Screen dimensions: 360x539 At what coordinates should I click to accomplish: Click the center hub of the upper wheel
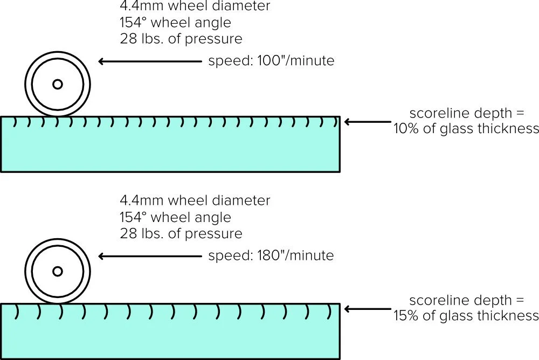coord(58,84)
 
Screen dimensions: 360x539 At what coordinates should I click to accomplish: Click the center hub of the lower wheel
coord(58,271)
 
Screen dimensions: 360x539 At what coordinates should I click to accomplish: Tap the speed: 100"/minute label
coord(271,61)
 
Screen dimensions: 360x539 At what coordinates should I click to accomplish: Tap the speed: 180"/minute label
coord(271,255)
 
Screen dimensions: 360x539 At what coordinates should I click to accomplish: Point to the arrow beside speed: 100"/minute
coord(149,61)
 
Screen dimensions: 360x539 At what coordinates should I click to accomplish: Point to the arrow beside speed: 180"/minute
coord(149,256)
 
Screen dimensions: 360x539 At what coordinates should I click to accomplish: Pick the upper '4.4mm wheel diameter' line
coord(195,6)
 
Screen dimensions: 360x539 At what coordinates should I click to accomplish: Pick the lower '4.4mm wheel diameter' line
coord(195,200)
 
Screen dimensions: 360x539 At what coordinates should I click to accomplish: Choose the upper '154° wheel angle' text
coord(175,23)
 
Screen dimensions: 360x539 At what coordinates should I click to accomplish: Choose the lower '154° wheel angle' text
coord(175,218)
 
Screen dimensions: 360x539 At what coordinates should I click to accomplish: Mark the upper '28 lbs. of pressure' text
coord(181,39)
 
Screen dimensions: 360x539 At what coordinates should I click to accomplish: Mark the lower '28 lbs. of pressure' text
coord(181,234)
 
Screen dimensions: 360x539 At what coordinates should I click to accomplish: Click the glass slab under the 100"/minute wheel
coord(170,151)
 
